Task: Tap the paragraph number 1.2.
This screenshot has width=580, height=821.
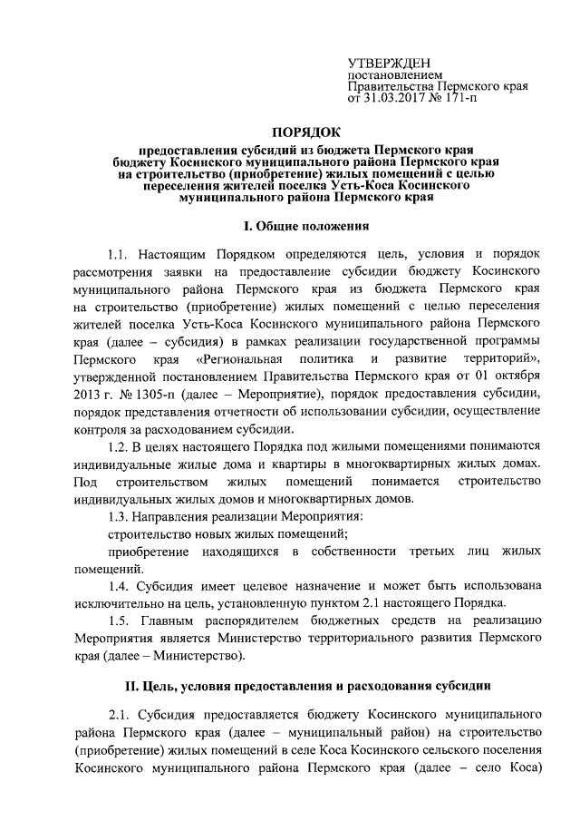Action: [119, 445]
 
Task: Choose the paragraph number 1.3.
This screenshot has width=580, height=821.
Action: [119, 516]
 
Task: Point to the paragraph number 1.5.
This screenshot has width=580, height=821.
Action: [119, 621]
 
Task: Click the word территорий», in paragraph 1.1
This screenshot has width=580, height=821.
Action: [501, 358]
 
